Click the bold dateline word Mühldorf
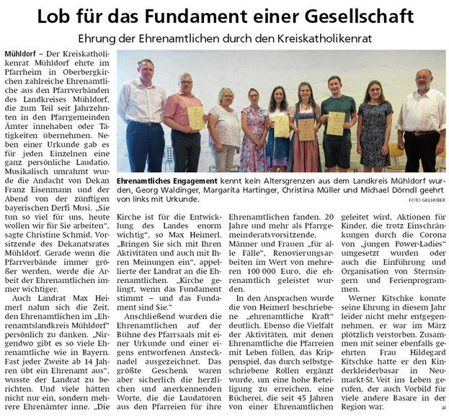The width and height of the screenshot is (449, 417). [25, 55]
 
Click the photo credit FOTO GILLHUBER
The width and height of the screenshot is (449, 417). [426, 199]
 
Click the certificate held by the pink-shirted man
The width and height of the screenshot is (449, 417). [195, 118]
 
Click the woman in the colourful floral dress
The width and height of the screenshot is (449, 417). [254, 130]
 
